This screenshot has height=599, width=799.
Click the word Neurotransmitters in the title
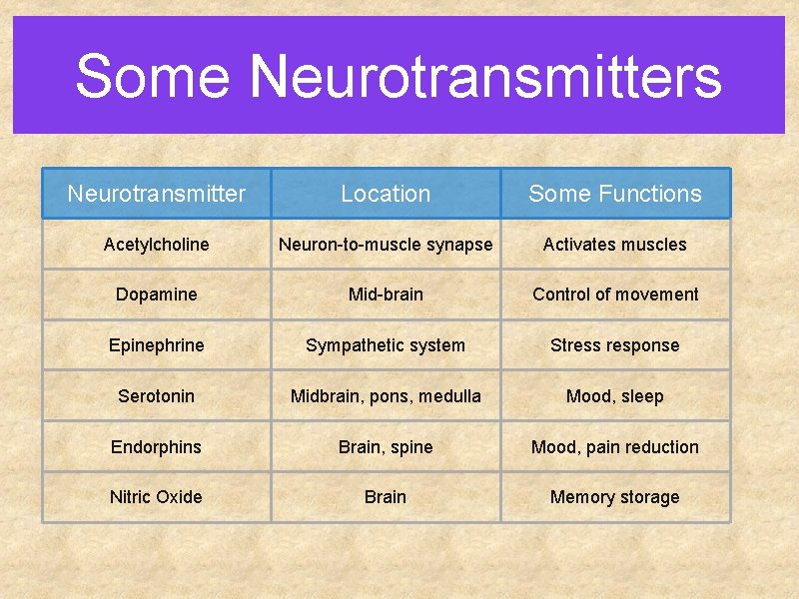pos(485,77)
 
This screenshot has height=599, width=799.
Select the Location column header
pos(386,194)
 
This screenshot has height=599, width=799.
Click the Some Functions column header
pos(615,194)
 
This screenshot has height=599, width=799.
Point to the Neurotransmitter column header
pos(156,194)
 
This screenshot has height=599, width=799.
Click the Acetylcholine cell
pos(156,245)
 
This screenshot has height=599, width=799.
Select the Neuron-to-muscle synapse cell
pos(386,245)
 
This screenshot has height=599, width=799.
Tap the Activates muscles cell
pos(615,245)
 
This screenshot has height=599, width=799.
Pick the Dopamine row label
pos(156,295)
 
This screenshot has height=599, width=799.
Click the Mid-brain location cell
pos(386,295)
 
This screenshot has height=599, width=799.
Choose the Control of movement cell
pos(615,295)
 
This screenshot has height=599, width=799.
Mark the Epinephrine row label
pos(156,345)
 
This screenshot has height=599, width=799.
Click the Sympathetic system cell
pos(386,345)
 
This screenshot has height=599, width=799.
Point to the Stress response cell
pos(615,345)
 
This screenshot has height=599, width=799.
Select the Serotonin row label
pos(156,396)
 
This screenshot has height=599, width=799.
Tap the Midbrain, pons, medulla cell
pos(386,396)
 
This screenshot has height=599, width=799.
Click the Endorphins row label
pos(156,447)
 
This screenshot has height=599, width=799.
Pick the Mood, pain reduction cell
pos(615,447)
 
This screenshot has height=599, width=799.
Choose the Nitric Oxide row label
pos(156,497)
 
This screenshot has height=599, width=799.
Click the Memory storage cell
pos(615,497)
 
